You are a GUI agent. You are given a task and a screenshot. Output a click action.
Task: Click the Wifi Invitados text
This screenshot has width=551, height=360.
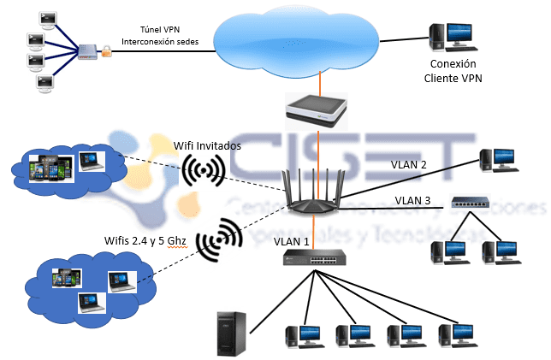(207, 145)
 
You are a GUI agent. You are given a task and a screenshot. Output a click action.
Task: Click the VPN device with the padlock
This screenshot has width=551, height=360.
(91, 52)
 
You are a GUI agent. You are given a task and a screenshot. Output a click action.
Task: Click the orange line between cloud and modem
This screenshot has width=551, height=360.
(321, 84)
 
